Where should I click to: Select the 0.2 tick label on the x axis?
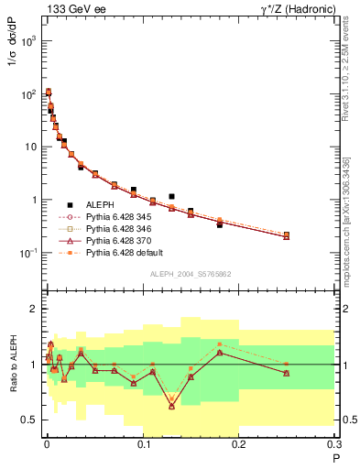point(239,445)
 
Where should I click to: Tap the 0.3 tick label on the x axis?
point(335,445)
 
